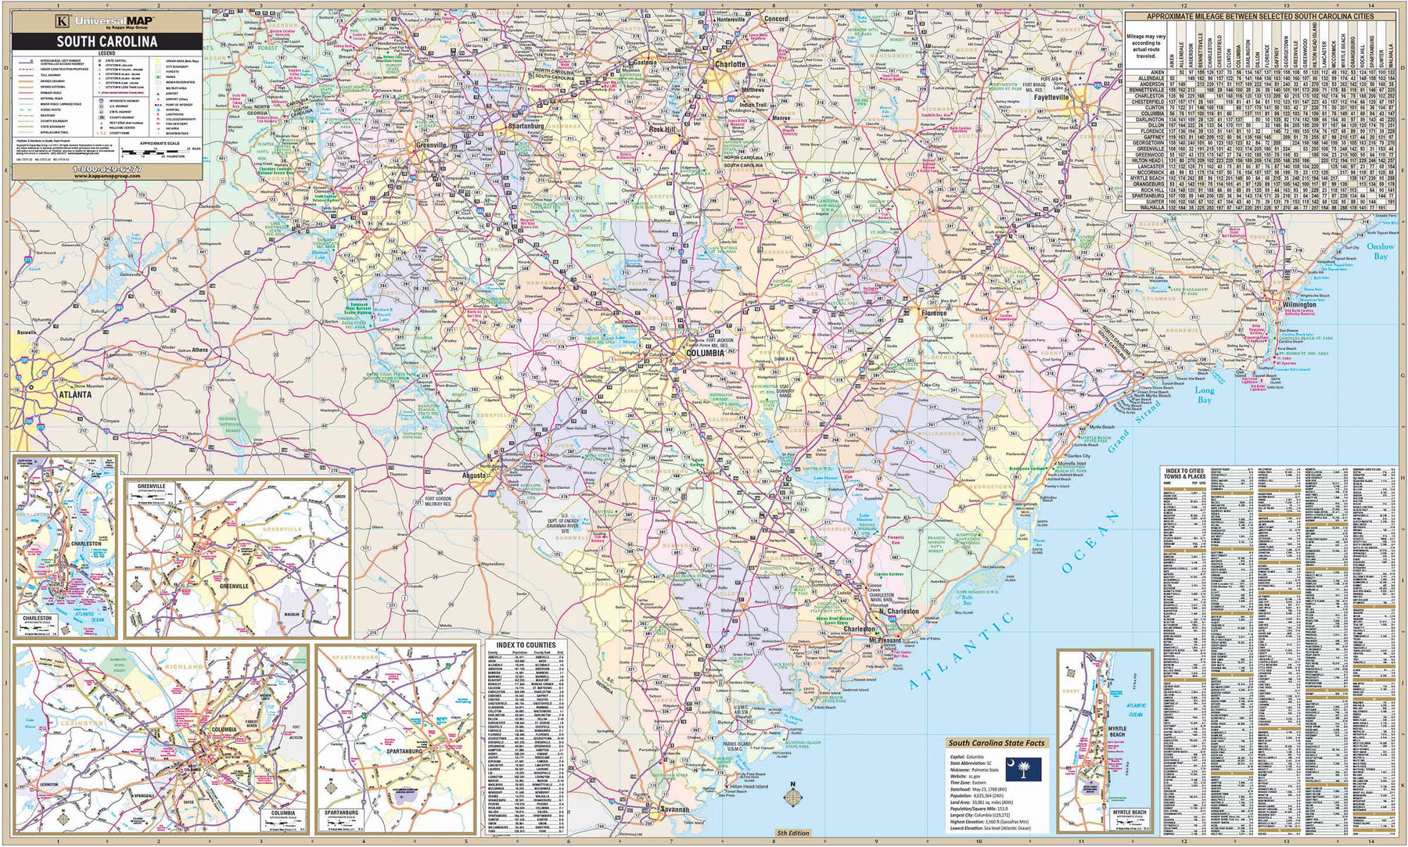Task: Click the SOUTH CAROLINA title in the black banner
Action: (x=106, y=41)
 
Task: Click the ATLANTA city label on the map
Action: (x=74, y=395)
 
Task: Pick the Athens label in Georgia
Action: (x=199, y=350)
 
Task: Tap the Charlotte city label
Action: (x=731, y=65)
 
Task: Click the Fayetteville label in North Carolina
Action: (x=1051, y=99)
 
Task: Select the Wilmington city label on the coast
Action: (x=1298, y=305)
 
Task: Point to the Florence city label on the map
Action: (x=934, y=313)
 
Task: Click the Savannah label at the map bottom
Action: (x=673, y=809)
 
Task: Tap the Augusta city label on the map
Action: (x=474, y=475)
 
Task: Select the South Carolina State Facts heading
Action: (x=996, y=743)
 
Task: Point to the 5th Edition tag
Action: (x=792, y=833)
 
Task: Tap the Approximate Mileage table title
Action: (x=1259, y=16)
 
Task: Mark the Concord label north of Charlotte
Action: (x=775, y=19)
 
